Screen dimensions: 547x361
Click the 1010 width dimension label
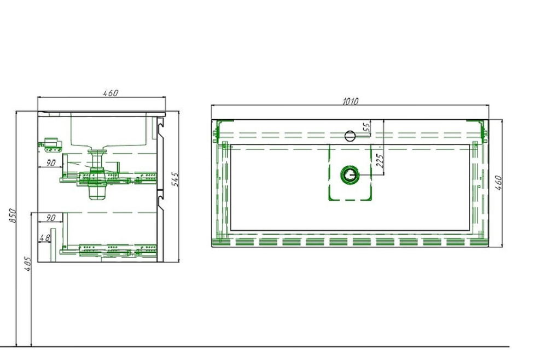pyautogui.click(x=350, y=101)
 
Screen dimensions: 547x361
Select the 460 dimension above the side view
pyautogui.click(x=110, y=93)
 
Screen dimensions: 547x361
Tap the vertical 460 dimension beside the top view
pyautogui.click(x=499, y=183)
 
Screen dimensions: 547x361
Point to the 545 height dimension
pyautogui.click(x=176, y=179)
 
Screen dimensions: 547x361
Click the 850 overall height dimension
pyautogui.click(x=12, y=216)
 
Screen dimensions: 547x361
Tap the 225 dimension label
pyautogui.click(x=380, y=160)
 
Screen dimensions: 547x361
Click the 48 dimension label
pyautogui.click(x=45, y=238)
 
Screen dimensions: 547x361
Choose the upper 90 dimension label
pyautogui.click(x=50, y=163)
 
